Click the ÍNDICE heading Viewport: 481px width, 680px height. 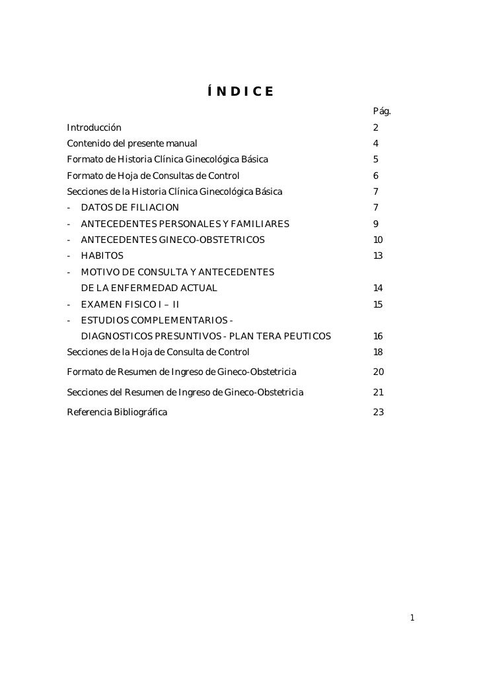coord(240,90)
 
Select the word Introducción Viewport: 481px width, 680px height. coord(94,127)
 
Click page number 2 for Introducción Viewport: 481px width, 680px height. coord(375,127)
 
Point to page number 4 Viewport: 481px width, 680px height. coord(375,143)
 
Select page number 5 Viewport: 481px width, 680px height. coord(375,159)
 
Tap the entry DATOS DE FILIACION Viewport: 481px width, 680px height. coord(129,208)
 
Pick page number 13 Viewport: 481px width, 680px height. coord(377,256)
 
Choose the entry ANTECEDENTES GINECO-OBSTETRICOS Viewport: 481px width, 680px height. coord(172,240)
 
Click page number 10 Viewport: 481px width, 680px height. coord(377,240)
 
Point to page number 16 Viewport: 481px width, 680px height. coord(377,337)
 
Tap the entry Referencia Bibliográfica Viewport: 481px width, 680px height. coord(117,413)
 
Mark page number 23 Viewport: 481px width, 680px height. coord(378,413)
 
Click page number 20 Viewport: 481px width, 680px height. coord(378,373)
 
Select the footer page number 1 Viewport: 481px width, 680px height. coord(412,619)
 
